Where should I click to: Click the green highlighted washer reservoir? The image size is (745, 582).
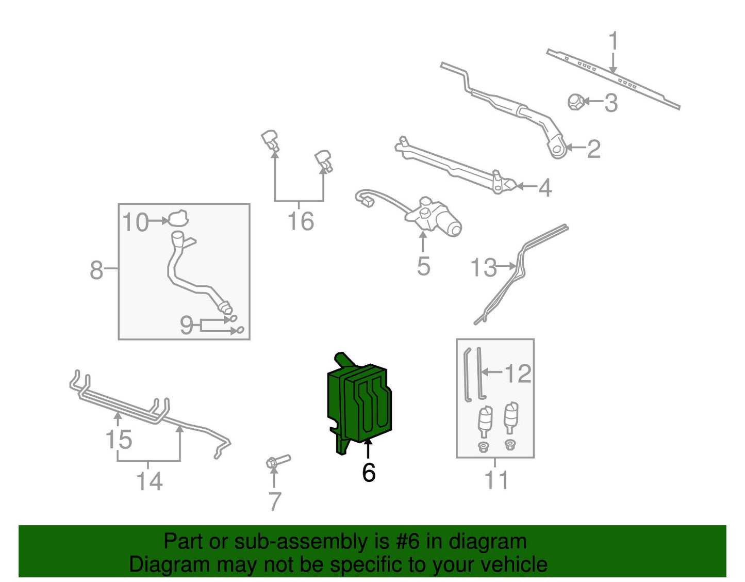point(358,403)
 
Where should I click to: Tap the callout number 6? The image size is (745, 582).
point(369,473)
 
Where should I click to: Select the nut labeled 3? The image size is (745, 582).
point(575,102)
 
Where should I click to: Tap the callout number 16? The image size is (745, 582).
point(301,221)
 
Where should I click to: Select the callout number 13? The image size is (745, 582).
point(484,267)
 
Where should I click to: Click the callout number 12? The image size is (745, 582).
point(519,373)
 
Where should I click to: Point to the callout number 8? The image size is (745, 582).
point(96,269)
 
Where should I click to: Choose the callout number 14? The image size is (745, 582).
point(150,481)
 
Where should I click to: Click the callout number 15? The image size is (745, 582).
point(119,439)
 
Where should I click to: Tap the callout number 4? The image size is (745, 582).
point(545,188)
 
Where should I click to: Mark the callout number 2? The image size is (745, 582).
point(594,149)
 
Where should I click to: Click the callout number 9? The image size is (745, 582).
point(187,325)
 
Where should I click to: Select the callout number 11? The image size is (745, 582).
point(496,480)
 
